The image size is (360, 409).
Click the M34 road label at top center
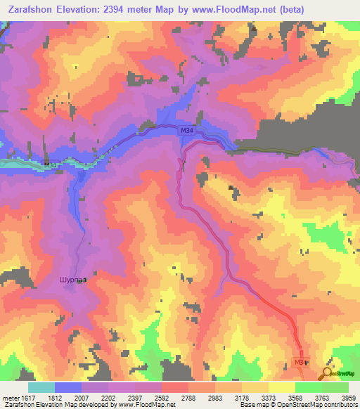[186, 131]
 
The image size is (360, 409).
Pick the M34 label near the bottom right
[300, 363]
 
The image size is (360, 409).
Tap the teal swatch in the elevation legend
[41, 387]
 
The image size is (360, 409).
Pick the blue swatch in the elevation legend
[68, 387]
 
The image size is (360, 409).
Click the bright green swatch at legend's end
[335, 387]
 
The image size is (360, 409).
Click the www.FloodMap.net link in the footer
[148, 405]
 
